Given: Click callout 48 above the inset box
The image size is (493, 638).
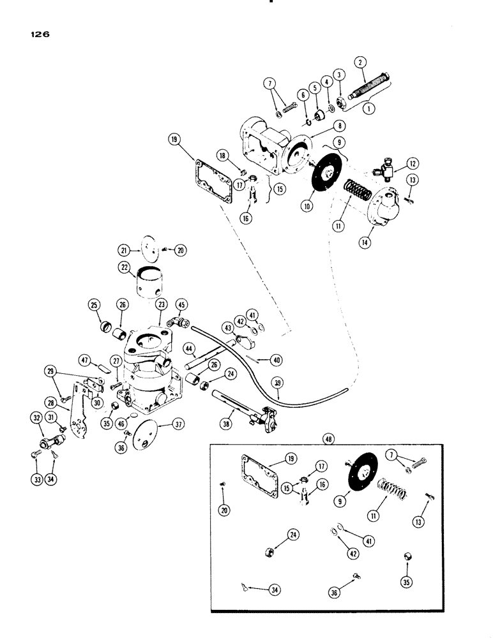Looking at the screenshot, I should click(x=329, y=440).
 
